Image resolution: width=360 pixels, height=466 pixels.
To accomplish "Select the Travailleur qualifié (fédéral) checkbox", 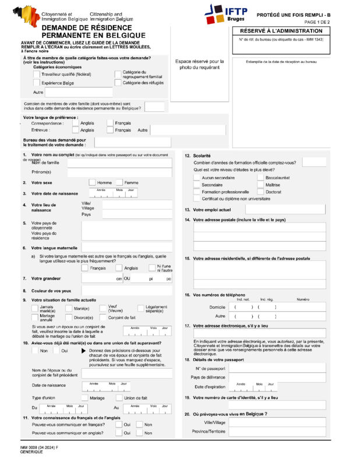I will [x=36, y=74].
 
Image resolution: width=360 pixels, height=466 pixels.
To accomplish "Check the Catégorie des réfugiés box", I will [x=118, y=83].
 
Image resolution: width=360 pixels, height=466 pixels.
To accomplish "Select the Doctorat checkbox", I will [x=260, y=192].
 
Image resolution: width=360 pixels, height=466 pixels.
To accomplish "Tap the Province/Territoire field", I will [x=277, y=431].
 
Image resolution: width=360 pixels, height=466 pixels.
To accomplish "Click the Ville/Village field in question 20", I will [x=277, y=422].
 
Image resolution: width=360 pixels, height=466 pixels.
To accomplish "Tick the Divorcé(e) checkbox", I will [x=69, y=317].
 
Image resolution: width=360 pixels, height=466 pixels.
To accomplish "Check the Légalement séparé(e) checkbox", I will [x=141, y=309].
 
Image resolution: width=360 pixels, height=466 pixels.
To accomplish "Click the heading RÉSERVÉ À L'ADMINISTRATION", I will [x=281, y=31].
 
